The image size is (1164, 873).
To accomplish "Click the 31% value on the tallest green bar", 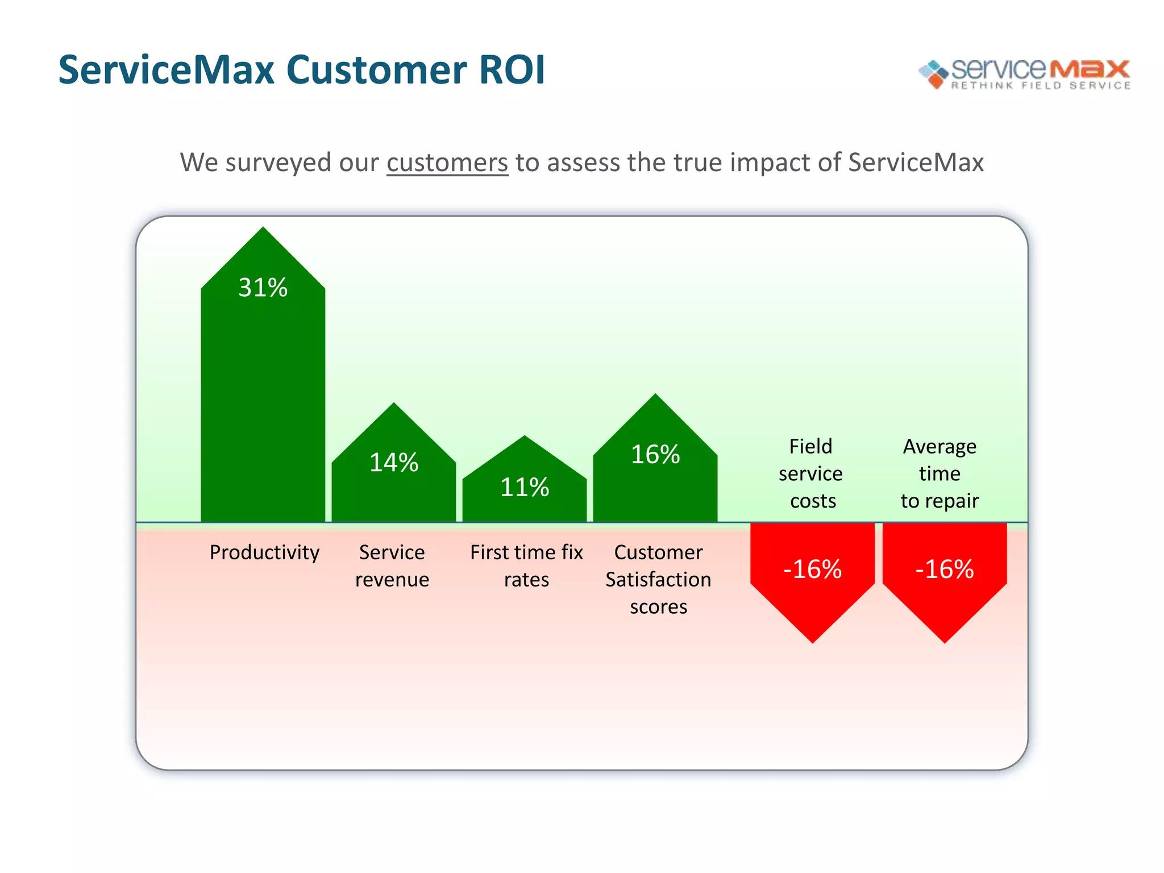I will [x=263, y=288].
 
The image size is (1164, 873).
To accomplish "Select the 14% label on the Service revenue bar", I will [x=393, y=463].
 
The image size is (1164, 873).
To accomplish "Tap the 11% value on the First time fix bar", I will [x=524, y=488].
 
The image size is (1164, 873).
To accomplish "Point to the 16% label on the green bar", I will [x=655, y=455].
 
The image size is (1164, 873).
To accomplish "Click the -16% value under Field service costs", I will [x=812, y=569].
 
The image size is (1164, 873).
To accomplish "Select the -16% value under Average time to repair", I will [x=944, y=569].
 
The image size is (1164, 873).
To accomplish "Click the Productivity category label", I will [x=264, y=552].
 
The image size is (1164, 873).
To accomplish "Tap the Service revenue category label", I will [x=392, y=566].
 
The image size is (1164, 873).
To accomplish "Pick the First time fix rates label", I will [x=526, y=566].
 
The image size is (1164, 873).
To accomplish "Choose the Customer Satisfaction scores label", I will [x=658, y=580].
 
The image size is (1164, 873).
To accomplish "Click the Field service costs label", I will [x=811, y=473].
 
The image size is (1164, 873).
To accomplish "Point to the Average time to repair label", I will [x=939, y=473].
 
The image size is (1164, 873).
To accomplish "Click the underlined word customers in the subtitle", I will [x=447, y=163].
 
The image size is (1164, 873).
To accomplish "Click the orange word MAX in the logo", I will [x=1089, y=69].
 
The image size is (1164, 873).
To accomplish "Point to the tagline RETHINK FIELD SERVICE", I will [x=1041, y=86].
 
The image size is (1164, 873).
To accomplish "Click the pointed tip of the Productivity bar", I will [x=263, y=229].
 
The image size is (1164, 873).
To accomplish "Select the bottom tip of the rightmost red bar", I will [x=945, y=642].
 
